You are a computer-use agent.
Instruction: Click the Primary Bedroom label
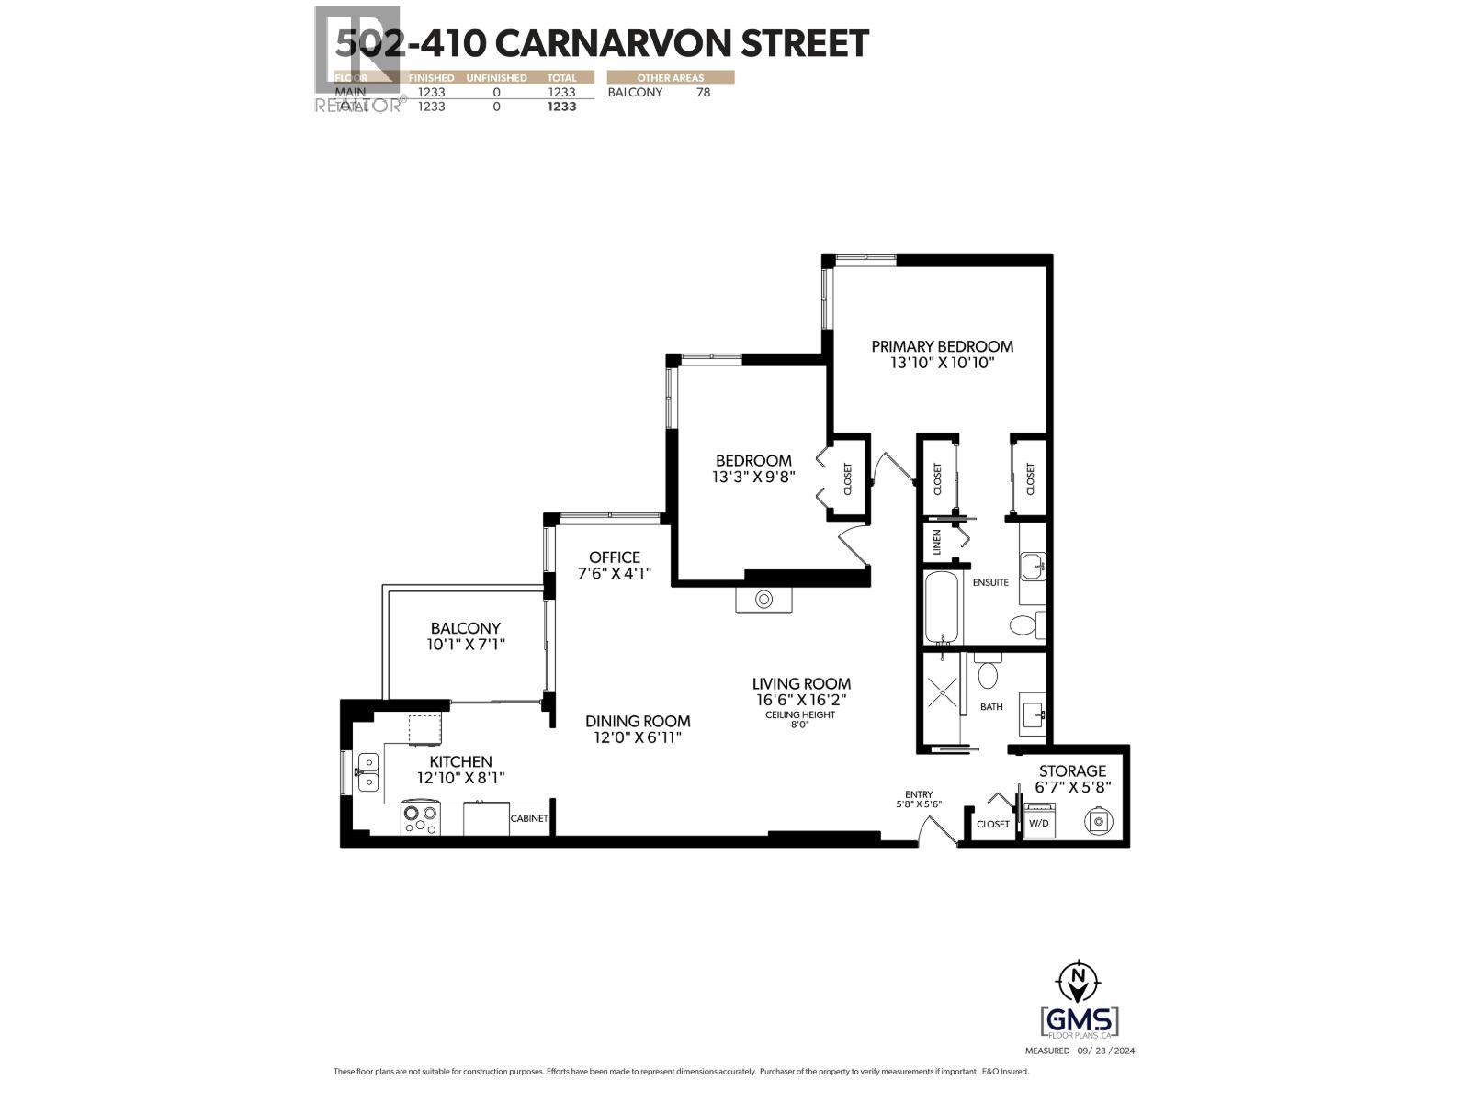click(942, 346)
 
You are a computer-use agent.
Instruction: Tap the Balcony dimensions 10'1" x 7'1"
click(467, 645)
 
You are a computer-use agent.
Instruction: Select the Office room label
click(615, 557)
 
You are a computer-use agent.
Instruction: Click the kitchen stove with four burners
click(421, 818)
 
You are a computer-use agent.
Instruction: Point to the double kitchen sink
click(367, 771)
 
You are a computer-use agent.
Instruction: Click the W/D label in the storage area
click(1039, 824)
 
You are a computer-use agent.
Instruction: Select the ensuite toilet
click(1023, 626)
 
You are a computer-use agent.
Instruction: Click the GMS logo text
click(1080, 1021)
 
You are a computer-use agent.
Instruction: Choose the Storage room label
click(1072, 771)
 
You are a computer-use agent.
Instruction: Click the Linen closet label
click(937, 541)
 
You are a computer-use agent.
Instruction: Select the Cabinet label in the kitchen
click(529, 818)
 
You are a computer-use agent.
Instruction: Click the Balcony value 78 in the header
click(703, 92)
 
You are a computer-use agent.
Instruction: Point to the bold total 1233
click(561, 107)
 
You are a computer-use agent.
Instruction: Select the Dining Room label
click(638, 722)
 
